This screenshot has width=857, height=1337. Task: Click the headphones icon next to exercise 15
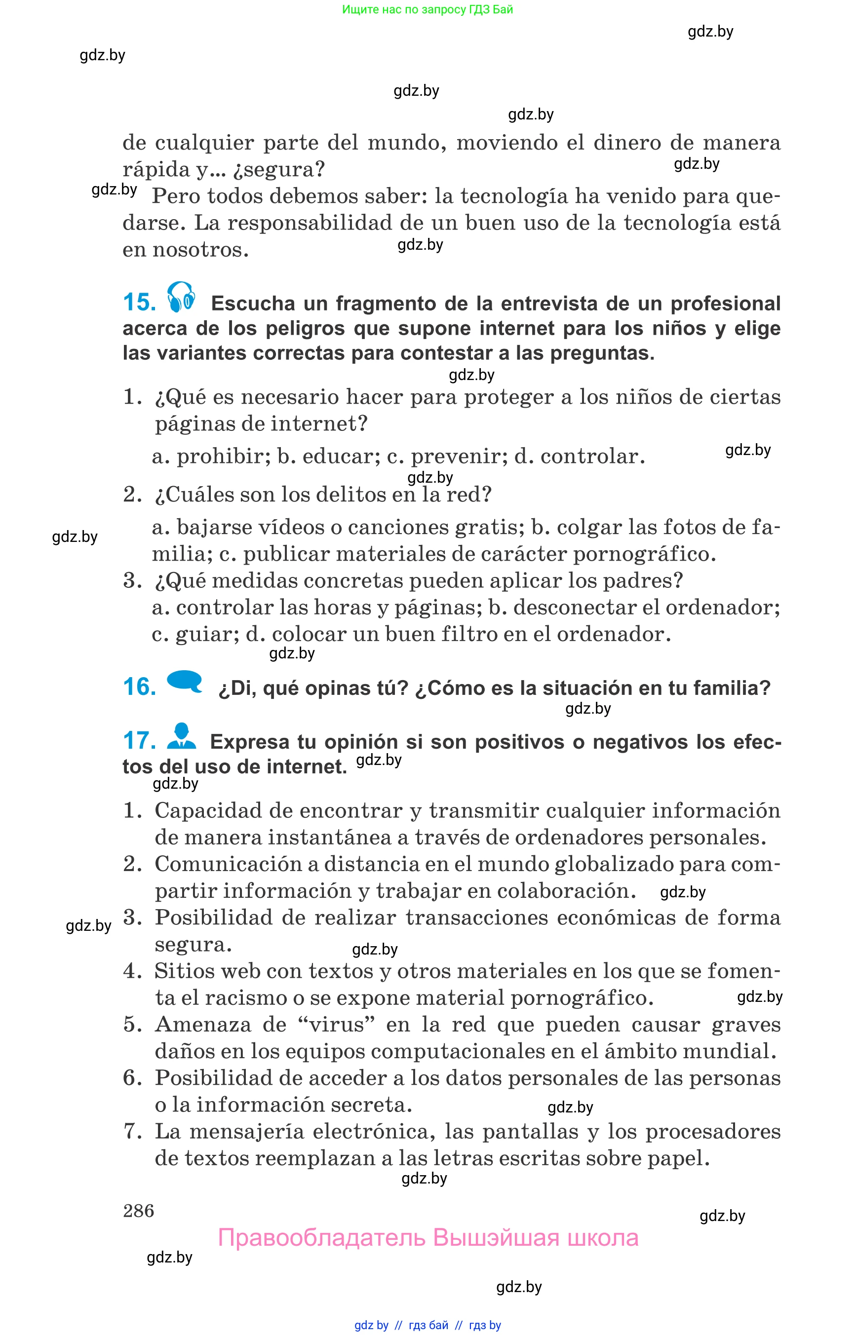click(x=181, y=297)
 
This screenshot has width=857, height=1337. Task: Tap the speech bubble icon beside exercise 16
click(x=184, y=681)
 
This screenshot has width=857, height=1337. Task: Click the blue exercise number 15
click(x=139, y=302)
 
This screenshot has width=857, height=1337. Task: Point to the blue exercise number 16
click(x=139, y=687)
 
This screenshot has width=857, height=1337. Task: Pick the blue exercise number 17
click(x=139, y=740)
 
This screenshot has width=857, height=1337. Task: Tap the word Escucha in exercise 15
click(x=253, y=304)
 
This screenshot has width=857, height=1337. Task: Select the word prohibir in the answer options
click(x=223, y=456)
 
